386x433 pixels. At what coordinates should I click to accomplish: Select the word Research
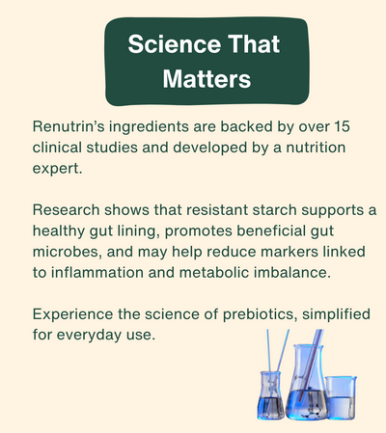pos(69,210)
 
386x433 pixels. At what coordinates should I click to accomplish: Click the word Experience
pos(75,315)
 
